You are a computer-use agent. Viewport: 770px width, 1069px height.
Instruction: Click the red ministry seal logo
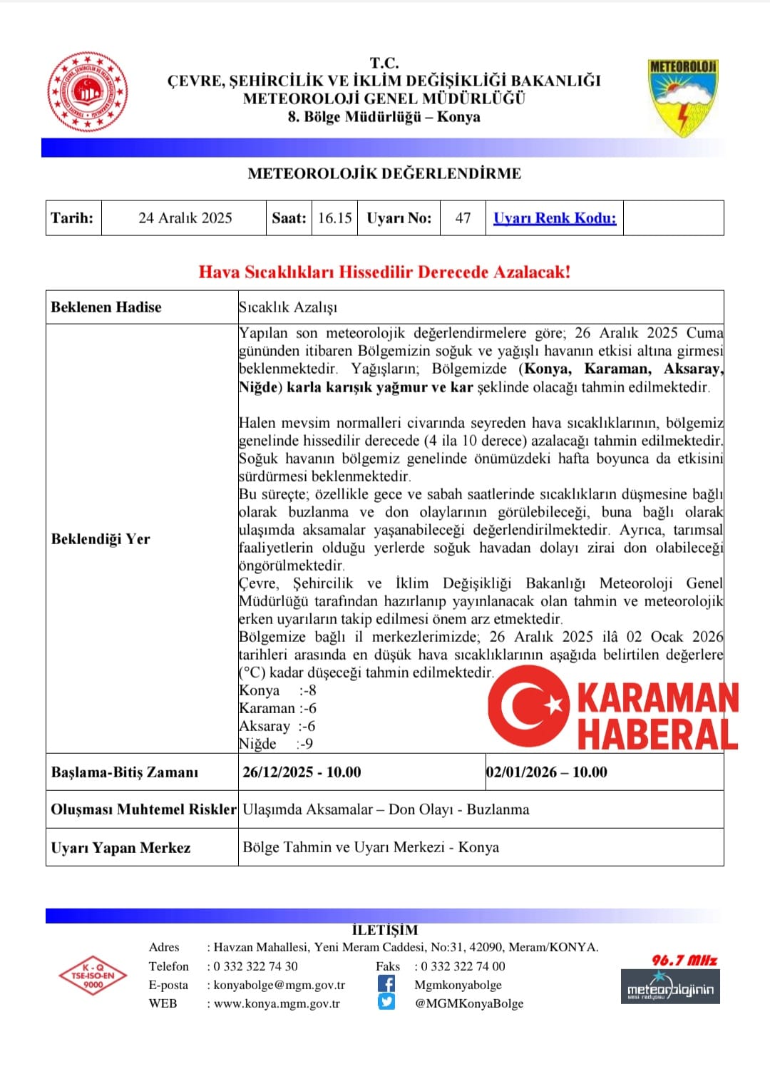pos(88,92)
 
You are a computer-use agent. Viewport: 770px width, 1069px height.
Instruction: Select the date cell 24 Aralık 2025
pos(185,218)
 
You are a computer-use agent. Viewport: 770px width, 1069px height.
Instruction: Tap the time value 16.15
pos(334,218)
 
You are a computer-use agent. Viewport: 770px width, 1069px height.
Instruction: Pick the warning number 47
pos(463,218)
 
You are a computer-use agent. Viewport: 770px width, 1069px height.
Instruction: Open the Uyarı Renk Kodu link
pos(555,218)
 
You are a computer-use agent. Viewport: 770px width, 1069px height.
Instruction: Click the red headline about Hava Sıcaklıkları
pos(384,272)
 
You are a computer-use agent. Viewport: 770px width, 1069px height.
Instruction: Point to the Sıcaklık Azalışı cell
pos(288,307)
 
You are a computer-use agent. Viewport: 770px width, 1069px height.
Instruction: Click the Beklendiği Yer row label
pos(101,539)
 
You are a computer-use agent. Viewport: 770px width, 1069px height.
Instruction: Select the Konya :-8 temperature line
pos(277,690)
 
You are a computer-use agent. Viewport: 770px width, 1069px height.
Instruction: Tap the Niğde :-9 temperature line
pos(276,744)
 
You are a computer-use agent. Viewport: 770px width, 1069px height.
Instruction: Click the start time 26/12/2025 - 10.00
pos(302,772)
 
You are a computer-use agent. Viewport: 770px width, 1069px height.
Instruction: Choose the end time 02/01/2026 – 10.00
pos(547,772)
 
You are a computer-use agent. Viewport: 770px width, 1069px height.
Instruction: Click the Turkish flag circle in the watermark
pos(529,706)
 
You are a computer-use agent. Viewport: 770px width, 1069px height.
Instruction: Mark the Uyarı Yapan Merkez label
pos(120,848)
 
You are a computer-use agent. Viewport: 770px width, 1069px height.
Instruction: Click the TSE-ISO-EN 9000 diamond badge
pos(93,976)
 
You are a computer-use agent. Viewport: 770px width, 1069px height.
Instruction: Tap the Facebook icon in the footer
pos(386,984)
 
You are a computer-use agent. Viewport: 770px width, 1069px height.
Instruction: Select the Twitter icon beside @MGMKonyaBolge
pos(386,1002)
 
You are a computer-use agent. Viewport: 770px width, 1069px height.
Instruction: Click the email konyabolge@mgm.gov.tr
pos(279,985)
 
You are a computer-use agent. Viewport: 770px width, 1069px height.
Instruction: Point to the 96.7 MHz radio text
pos(684,961)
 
